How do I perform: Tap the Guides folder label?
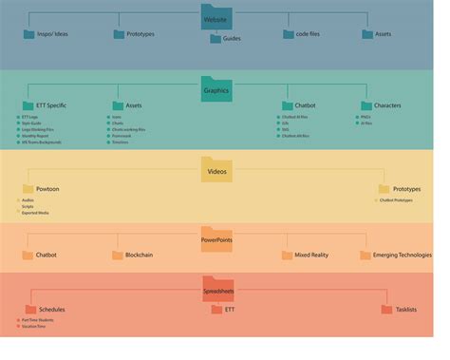[232, 39]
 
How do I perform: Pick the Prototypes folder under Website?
[140, 34]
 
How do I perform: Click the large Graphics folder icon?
[216, 88]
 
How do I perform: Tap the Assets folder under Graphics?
[133, 105]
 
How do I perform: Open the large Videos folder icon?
[216, 171]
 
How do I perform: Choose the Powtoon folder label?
[47, 189]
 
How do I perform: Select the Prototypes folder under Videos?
[406, 189]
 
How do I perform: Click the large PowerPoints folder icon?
[216, 237]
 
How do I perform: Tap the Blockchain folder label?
[139, 255]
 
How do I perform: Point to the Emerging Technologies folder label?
[402, 255]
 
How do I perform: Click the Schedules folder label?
[51, 310]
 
